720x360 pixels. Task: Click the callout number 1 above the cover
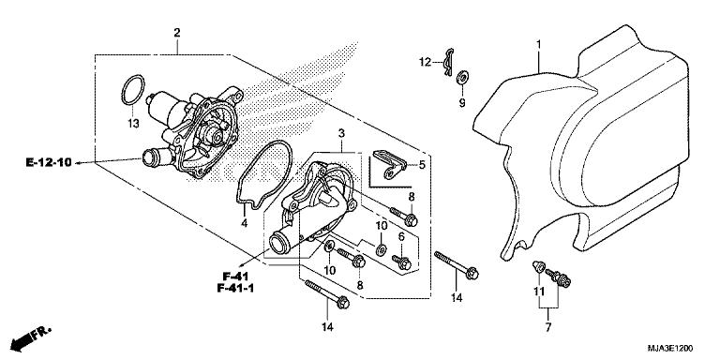[539, 43]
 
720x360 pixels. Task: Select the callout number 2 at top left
[176, 34]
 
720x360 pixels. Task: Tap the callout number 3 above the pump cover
[343, 134]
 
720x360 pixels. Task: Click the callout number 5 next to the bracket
[422, 164]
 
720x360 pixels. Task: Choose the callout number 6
[400, 236]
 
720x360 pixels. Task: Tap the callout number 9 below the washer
[461, 104]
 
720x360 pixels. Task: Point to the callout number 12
[425, 62]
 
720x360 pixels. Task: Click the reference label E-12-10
[49, 163]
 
